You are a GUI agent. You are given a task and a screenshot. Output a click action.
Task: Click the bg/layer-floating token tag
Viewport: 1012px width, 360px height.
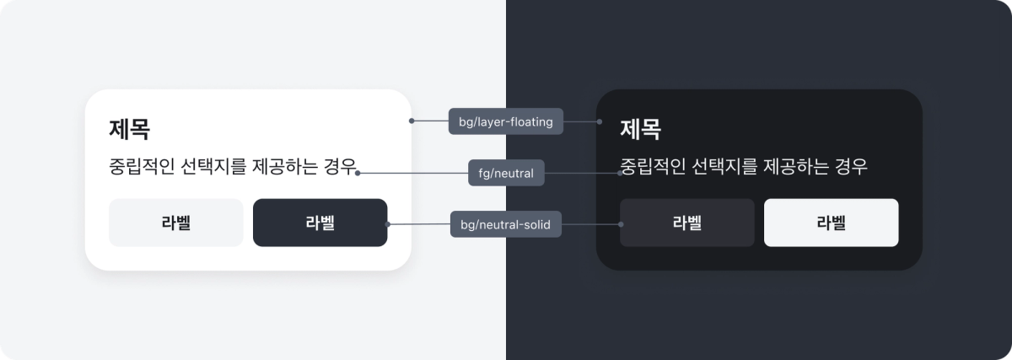tap(505, 121)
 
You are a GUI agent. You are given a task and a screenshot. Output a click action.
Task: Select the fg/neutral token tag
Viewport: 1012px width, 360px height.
tap(506, 173)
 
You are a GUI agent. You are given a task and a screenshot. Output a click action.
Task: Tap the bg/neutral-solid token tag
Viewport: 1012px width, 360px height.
tap(505, 224)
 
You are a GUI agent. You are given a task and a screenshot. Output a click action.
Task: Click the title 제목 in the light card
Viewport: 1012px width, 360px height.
tap(129, 129)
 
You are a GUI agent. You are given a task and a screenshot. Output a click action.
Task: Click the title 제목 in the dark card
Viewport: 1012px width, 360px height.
tap(640, 129)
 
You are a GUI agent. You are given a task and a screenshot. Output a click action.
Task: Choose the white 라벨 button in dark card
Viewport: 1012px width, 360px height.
tap(831, 223)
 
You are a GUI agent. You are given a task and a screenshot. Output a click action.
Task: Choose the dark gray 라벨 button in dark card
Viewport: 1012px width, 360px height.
tap(686, 223)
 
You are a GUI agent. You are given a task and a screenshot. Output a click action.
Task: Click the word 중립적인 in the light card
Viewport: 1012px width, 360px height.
tap(142, 165)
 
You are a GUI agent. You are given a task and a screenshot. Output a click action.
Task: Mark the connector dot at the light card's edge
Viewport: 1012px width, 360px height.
tap(412, 121)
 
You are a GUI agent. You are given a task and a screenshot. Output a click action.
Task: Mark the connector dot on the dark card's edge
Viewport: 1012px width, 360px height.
tap(600, 121)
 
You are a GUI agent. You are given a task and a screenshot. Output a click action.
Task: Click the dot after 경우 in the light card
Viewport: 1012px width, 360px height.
tap(358, 173)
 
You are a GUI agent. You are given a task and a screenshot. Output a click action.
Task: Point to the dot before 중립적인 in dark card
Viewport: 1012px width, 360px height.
tap(621, 173)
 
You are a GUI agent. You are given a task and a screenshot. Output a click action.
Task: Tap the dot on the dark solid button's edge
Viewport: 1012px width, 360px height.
tap(387, 224)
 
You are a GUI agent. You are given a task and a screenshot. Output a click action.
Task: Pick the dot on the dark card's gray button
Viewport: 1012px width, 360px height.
tap(621, 224)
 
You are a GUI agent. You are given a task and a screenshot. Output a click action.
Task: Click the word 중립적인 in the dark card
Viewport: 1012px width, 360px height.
tap(653, 165)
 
